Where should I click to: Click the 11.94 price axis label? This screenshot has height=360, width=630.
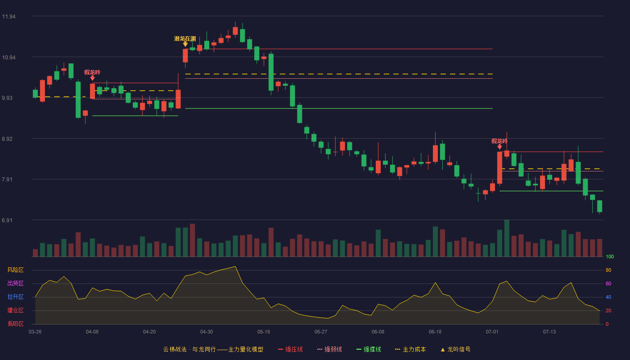pyautogui.click(x=9, y=17)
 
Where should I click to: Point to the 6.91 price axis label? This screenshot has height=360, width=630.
pyautogui.click(x=7, y=220)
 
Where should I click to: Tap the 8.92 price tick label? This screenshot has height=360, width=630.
pyautogui.click(x=7, y=139)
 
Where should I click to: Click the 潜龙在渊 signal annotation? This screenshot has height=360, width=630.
pyautogui.click(x=185, y=39)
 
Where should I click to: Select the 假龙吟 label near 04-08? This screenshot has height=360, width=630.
pyautogui.click(x=92, y=72)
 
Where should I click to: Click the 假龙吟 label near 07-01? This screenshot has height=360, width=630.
pyautogui.click(x=499, y=141)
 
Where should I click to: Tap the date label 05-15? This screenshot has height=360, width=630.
pyautogui.click(x=264, y=332)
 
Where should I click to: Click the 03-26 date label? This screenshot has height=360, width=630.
pyautogui.click(x=35, y=332)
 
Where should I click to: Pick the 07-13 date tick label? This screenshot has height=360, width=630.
pyautogui.click(x=549, y=332)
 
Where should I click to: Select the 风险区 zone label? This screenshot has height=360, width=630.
pyautogui.click(x=15, y=270)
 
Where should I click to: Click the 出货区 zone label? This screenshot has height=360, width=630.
pyautogui.click(x=15, y=283)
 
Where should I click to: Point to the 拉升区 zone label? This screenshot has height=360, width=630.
pyautogui.click(x=15, y=297)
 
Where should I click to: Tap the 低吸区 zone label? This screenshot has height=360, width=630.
pyautogui.click(x=15, y=324)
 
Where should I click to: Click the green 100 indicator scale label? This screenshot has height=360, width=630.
pyautogui.click(x=610, y=256)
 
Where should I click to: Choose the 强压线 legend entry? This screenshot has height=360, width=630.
pyautogui.click(x=290, y=349)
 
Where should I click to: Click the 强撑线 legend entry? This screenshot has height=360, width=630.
pyautogui.click(x=369, y=349)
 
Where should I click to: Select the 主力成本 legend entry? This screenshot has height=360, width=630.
pyautogui.click(x=410, y=349)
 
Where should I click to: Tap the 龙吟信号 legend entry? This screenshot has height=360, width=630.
pyautogui.click(x=455, y=349)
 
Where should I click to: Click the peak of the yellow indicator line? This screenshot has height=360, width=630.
pyautogui.click(x=235, y=266)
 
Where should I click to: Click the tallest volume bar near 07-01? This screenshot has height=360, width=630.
pyautogui.click(x=507, y=238)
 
